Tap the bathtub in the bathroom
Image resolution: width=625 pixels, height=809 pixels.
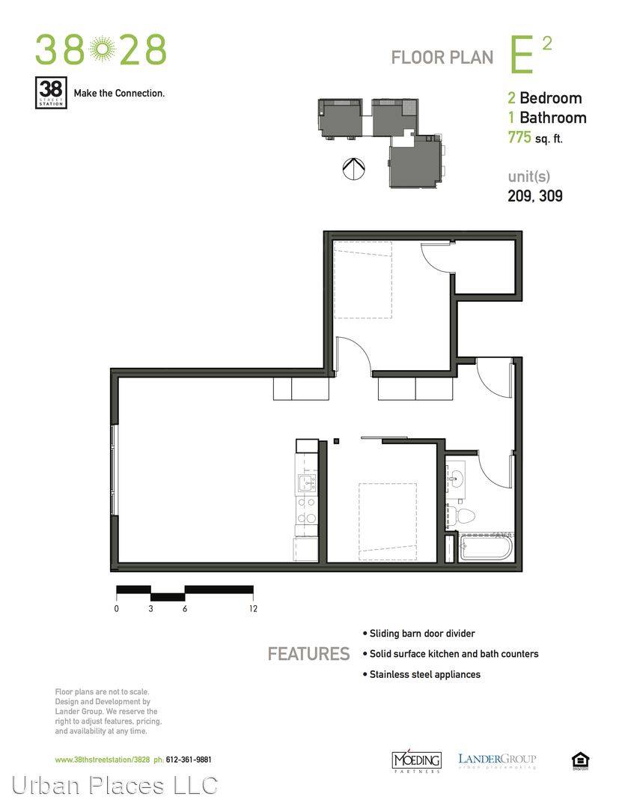coord(485,548)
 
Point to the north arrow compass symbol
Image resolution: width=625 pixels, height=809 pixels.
coord(354,168)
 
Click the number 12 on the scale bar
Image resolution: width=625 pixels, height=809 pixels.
coord(253,609)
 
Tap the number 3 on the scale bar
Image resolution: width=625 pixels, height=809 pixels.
coord(150,609)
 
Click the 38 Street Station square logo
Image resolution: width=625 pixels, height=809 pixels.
coord(51,92)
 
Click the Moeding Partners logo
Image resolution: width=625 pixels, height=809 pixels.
coord(417,760)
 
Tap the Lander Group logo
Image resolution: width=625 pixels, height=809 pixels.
coord(497,760)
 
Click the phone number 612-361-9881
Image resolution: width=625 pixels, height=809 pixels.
coord(188,760)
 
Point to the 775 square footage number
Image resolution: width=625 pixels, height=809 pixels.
coord(519,137)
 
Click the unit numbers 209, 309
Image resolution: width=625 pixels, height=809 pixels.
coord(534,196)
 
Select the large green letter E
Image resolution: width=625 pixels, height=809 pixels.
coord(522,55)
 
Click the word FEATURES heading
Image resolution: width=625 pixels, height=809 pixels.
coord(308,654)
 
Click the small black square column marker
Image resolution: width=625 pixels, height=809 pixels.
coord(336,441)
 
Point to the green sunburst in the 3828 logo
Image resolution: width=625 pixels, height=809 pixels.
coord(102,49)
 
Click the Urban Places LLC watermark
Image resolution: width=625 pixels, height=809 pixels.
coord(115,786)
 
